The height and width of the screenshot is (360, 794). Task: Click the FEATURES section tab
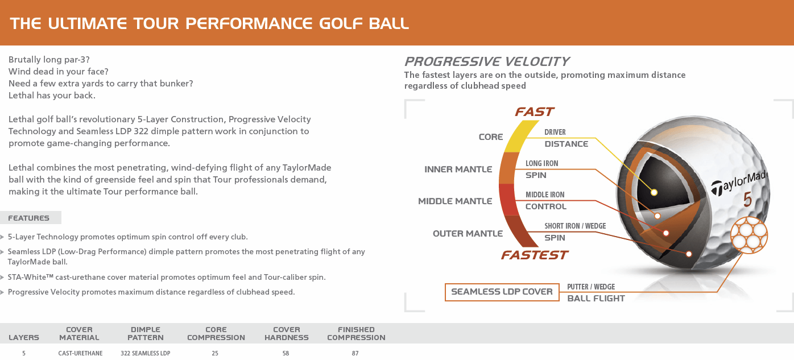point(29,218)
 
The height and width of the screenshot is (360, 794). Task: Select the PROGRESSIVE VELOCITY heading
point(486,61)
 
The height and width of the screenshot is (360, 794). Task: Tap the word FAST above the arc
point(534,112)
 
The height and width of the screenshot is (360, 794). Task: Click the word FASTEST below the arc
point(534,255)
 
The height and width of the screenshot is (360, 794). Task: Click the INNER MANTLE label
point(458,169)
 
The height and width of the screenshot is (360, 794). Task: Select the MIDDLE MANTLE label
point(455,201)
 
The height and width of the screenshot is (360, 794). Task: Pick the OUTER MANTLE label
point(468,234)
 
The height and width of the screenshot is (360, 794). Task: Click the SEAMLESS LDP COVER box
point(502,292)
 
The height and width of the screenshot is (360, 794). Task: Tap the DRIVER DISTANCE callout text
point(566,138)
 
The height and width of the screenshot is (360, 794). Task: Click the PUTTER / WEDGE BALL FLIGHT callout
point(595,293)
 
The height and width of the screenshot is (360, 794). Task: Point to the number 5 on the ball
point(747,200)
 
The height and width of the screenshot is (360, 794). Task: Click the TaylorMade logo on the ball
point(739,181)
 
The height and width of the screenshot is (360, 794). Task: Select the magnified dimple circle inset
point(748,235)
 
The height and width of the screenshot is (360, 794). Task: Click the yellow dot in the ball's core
point(654,192)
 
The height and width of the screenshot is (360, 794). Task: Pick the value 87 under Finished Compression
point(355,353)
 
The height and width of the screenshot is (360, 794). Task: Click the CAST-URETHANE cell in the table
point(80,353)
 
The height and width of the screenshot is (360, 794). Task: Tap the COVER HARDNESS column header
point(286,333)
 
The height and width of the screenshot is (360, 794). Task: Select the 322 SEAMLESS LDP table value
point(145,353)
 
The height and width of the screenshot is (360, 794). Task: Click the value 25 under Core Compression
point(215,353)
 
